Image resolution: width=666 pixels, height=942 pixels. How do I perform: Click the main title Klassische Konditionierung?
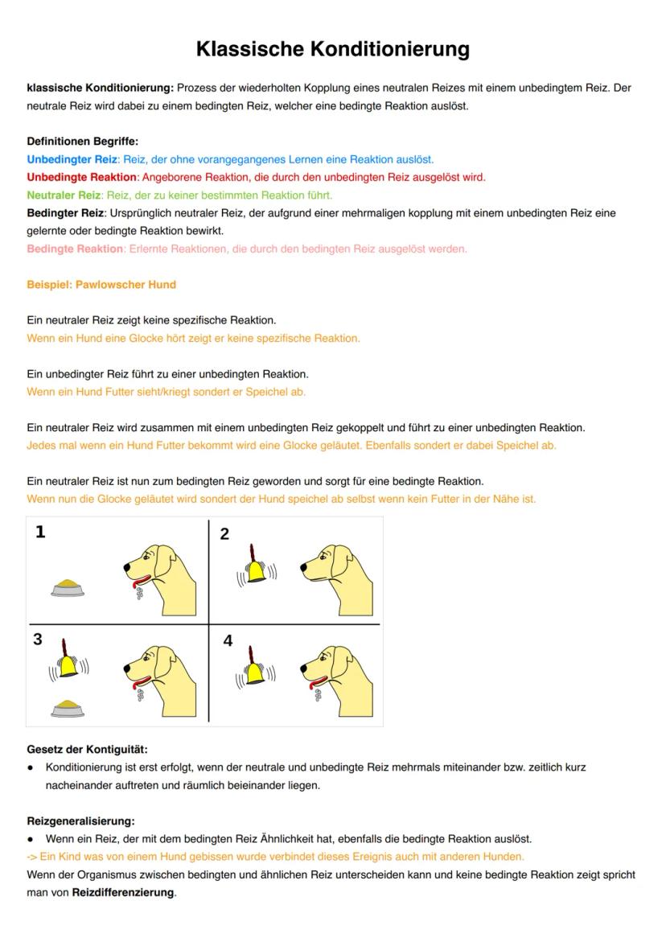[x=332, y=49]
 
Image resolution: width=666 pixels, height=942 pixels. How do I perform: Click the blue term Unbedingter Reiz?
[x=72, y=159]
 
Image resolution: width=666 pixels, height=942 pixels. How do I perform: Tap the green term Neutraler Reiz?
[x=64, y=195]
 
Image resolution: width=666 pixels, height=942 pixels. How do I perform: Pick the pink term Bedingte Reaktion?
[x=75, y=249]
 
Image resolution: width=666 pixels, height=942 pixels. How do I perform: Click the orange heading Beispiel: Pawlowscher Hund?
[x=101, y=285]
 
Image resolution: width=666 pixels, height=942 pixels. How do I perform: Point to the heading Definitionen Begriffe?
[x=82, y=141]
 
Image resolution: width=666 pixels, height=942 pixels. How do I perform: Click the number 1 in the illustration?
[x=40, y=532]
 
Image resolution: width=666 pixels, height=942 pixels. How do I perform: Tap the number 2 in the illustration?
[x=224, y=534]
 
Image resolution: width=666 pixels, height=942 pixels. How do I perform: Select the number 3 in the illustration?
[x=38, y=640]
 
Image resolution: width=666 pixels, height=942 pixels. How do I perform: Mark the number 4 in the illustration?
[x=228, y=641]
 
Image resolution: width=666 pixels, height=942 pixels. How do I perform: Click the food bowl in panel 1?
[x=69, y=587]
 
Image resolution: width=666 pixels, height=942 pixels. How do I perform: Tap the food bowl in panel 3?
[x=69, y=708]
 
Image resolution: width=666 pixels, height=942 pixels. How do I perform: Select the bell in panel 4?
[x=255, y=668]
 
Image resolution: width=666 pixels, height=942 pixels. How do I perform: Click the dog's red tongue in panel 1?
[x=142, y=581]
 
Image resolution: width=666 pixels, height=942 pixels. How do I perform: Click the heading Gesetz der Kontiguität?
[x=87, y=749]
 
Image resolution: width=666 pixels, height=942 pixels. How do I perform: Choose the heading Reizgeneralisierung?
[x=80, y=821]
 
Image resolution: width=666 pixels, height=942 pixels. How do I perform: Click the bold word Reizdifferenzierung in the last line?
[x=123, y=892]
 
